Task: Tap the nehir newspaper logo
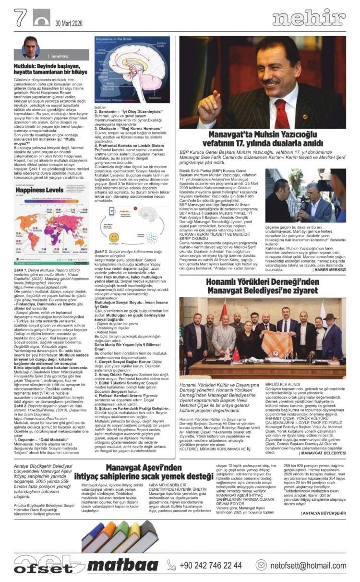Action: (309, 19)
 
